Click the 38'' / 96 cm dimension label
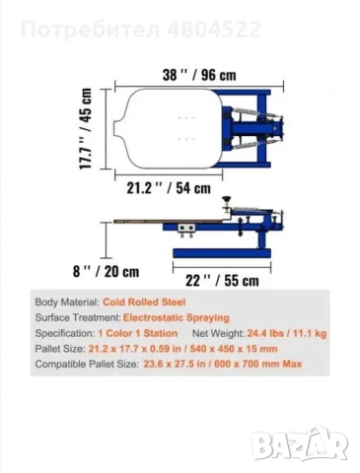click(x=199, y=75)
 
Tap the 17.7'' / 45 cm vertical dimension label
click(x=86, y=128)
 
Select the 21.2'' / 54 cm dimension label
click(x=169, y=188)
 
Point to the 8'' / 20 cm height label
click(x=106, y=272)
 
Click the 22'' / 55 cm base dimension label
click(x=222, y=281)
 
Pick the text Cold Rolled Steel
click(x=144, y=303)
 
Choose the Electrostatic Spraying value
click(x=177, y=317)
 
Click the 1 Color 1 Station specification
click(x=138, y=333)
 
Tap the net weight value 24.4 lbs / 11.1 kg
click(x=287, y=333)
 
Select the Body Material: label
click(x=67, y=303)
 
